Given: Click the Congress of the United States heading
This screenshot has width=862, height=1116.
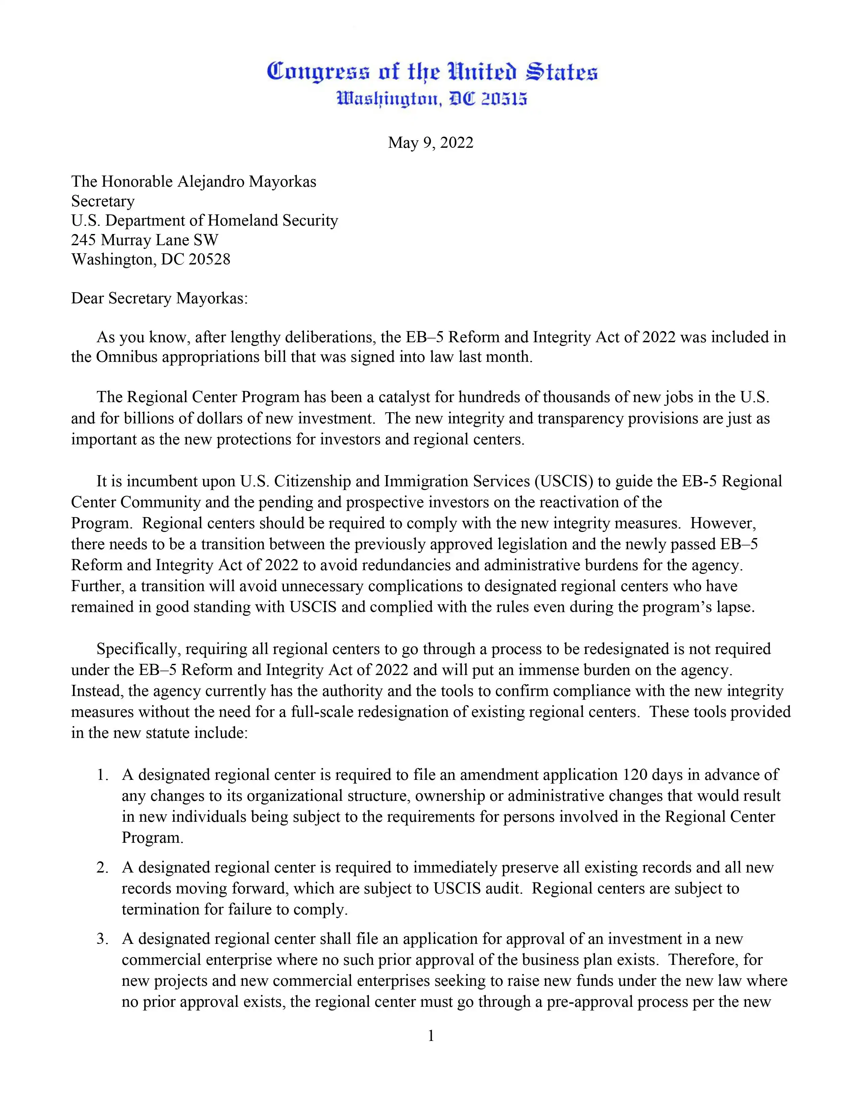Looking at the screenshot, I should point(432,72).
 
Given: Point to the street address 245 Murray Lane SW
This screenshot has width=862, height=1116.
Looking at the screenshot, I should point(145,240).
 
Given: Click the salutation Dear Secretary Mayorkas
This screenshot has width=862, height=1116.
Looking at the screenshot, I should point(159,298).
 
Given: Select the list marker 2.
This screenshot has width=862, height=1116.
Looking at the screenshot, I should point(102,867).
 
